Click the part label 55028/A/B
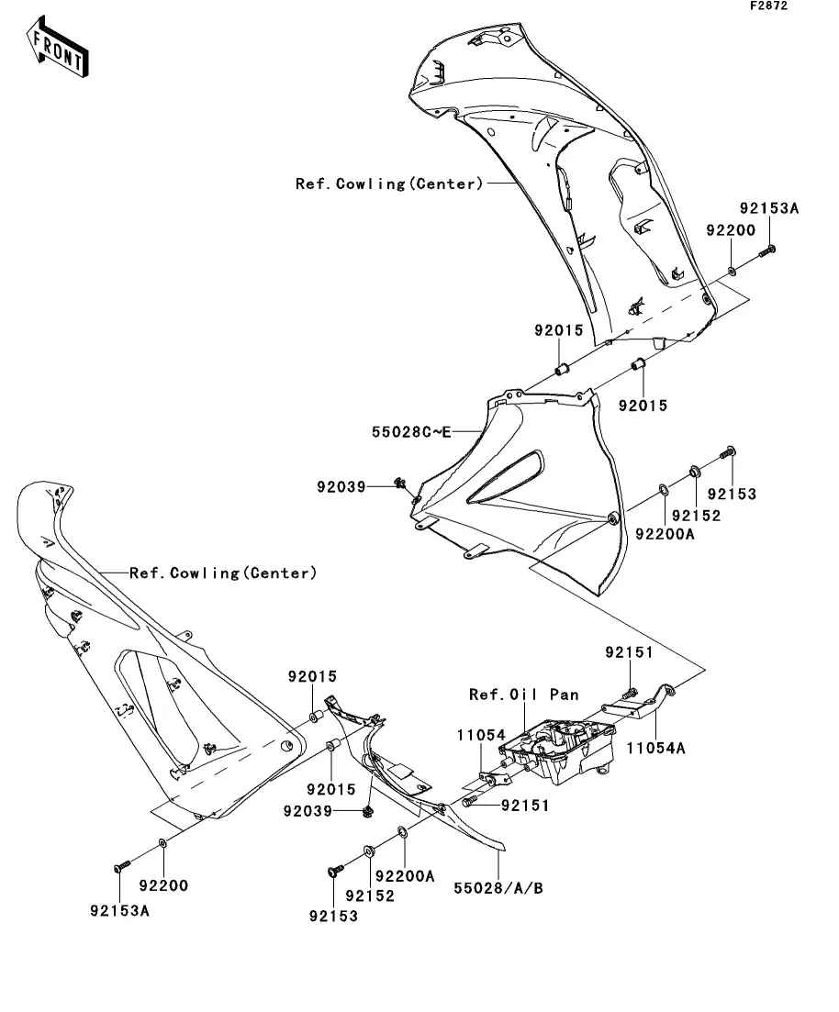click(498, 887)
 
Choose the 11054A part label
click(656, 748)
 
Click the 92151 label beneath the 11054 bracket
click(525, 806)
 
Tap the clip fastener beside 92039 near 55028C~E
click(400, 484)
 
